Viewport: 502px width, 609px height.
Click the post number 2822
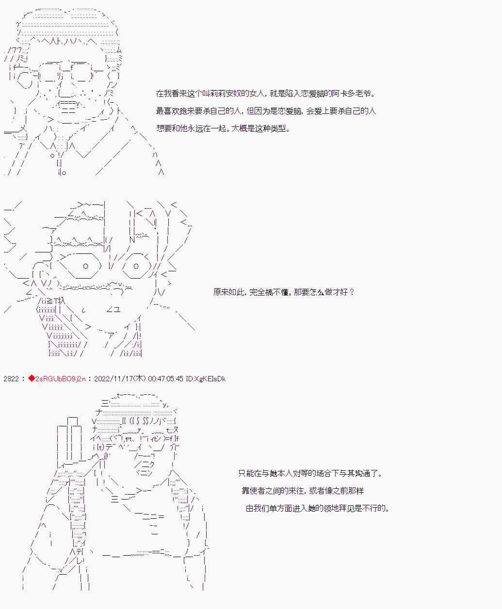click(11, 379)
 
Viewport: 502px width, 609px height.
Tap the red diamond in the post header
click(32, 379)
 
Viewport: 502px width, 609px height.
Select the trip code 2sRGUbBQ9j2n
click(60, 379)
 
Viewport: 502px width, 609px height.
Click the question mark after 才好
click(352, 292)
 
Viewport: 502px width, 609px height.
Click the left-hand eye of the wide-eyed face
click(85, 266)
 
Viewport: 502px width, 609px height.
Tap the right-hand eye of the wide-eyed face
click(136, 266)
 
